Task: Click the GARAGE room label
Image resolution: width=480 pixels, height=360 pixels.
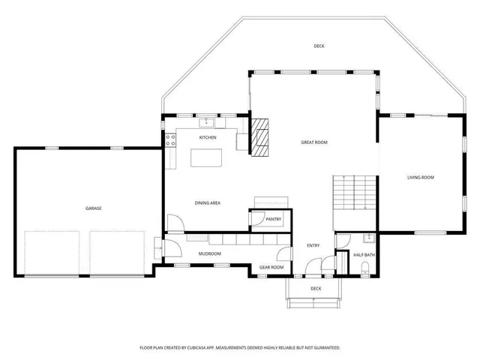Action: click(x=93, y=208)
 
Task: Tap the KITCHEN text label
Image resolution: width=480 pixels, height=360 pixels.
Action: click(x=208, y=138)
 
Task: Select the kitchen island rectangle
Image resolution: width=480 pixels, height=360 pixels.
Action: click(x=208, y=158)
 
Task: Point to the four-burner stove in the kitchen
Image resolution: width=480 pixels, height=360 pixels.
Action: click(x=171, y=139)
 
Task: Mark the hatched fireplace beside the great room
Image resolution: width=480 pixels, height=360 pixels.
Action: click(x=259, y=136)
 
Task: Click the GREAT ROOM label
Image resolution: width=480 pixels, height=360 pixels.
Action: click(x=314, y=142)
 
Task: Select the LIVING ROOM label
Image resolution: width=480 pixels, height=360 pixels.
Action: click(x=421, y=178)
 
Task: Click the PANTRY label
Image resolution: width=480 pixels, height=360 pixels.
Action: click(x=273, y=219)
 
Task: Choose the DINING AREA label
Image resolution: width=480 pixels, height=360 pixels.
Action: click(x=207, y=202)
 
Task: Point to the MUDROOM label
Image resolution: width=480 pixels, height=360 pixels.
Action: click(x=209, y=253)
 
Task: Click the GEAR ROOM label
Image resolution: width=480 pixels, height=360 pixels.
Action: click(x=271, y=267)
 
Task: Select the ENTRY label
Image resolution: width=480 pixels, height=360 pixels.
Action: click(x=313, y=245)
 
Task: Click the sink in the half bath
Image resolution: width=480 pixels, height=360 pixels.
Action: click(x=368, y=239)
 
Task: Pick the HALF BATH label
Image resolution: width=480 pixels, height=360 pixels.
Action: click(x=364, y=255)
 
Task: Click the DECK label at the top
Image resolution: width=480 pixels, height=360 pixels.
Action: click(x=319, y=46)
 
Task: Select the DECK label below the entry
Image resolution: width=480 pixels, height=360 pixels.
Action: click(x=316, y=288)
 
